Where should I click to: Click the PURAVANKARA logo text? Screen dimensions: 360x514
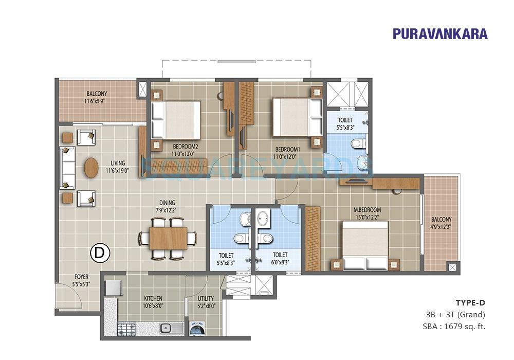440,34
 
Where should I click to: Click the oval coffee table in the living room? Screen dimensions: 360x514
91,168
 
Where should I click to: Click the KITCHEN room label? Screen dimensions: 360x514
153,298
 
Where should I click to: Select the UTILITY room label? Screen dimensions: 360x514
206,298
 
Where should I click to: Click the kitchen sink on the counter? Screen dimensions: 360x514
166,327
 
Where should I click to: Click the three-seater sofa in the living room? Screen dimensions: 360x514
67,168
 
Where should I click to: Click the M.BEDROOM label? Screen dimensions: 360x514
367,210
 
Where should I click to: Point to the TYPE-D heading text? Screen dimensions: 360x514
470,302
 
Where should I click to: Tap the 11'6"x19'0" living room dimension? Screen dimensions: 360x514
118,170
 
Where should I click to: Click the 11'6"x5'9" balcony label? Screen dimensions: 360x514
97,101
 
